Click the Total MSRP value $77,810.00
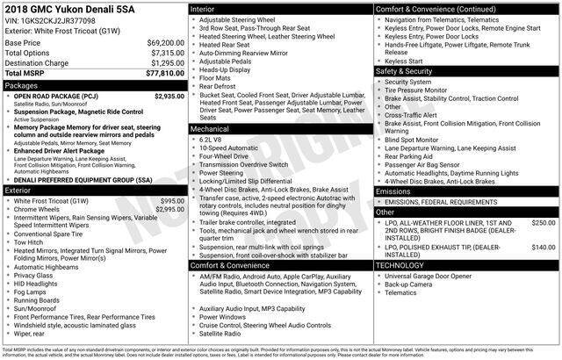(158, 75)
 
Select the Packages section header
(22, 86)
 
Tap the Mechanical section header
(211, 127)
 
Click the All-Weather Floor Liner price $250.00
(544, 223)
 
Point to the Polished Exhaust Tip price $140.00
(544, 248)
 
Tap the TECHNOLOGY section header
(400, 264)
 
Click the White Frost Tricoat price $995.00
(172, 201)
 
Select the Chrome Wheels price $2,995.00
(169, 210)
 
